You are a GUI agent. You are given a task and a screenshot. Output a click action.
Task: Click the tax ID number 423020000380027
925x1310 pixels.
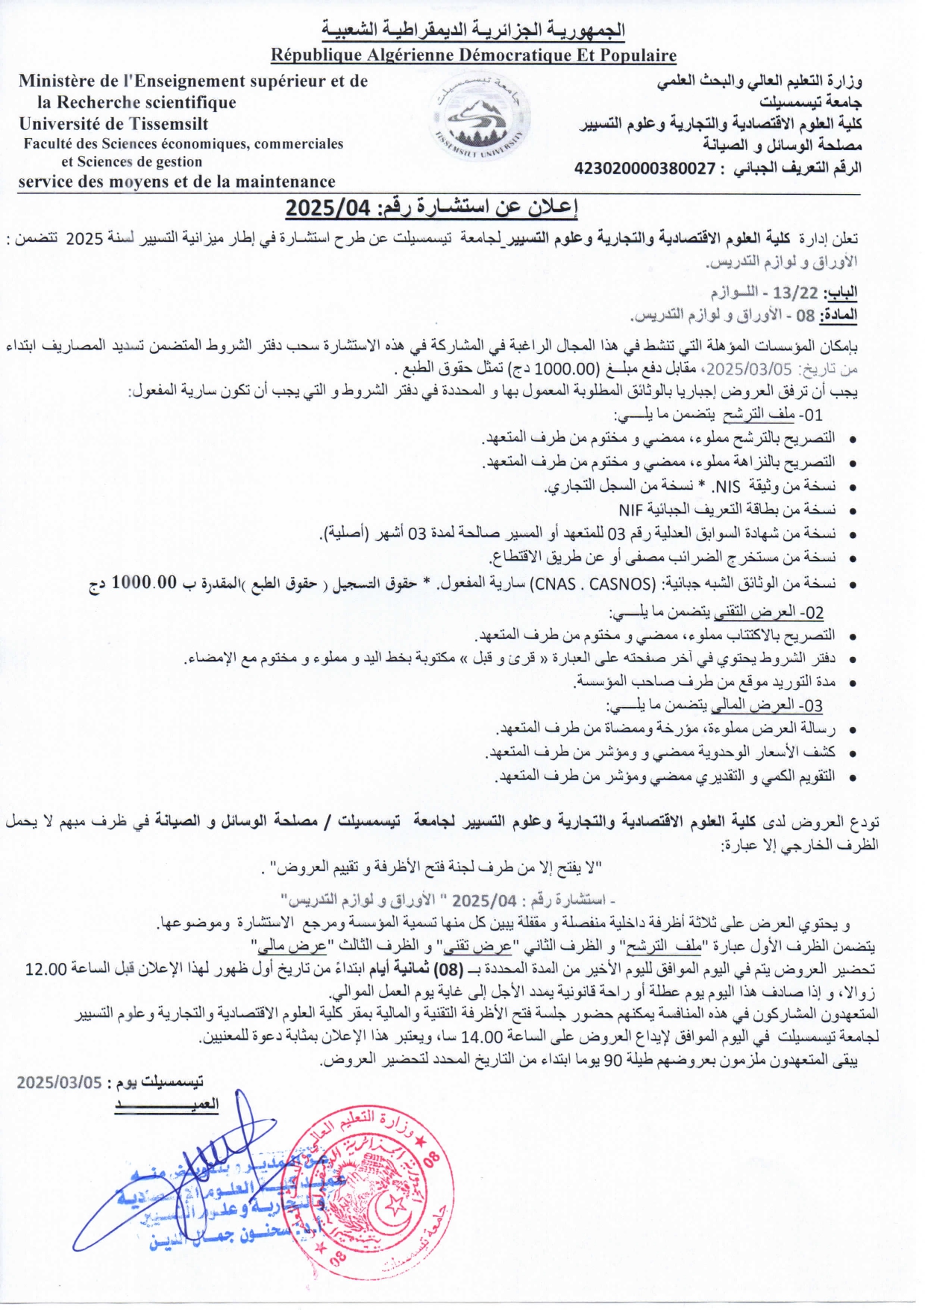[x=645, y=169]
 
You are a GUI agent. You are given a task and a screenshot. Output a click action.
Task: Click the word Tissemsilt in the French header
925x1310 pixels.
[x=169, y=124]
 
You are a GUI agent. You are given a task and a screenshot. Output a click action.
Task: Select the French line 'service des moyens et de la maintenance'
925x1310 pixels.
[x=177, y=181]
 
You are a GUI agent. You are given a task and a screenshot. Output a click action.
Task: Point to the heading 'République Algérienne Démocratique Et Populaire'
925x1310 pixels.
[x=474, y=55]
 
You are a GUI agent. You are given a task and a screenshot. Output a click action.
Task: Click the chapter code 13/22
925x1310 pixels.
[x=795, y=293]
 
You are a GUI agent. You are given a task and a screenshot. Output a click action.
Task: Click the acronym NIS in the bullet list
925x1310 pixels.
[x=727, y=487]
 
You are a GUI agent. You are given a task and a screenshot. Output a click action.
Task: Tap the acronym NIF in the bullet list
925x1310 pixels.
[x=630, y=511]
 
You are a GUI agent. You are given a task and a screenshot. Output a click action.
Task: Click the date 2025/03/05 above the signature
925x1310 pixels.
[x=59, y=1082]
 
